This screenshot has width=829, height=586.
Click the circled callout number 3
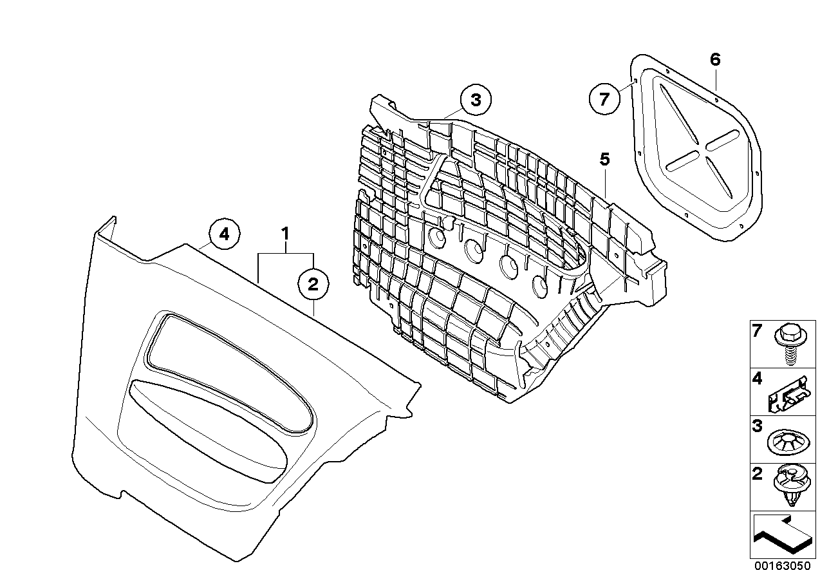[x=475, y=100]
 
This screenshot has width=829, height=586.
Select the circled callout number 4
[x=224, y=234]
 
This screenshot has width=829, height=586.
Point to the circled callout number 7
[x=604, y=100]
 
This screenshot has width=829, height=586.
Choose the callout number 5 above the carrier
[x=604, y=158]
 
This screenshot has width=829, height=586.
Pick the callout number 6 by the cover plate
[x=715, y=61]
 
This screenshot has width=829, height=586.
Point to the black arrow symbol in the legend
[x=780, y=536]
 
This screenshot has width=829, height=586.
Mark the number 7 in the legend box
[x=758, y=332]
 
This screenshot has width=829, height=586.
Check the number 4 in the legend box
[x=758, y=380]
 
